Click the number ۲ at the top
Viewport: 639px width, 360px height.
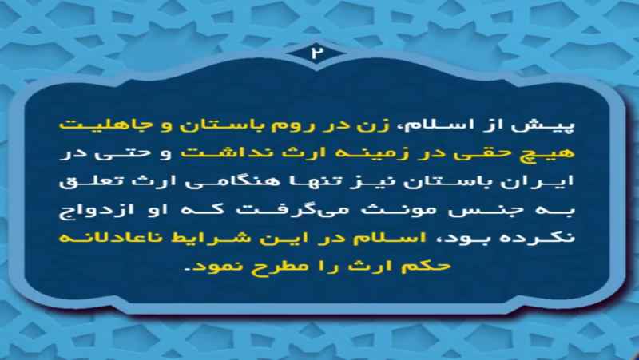pos(315,53)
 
